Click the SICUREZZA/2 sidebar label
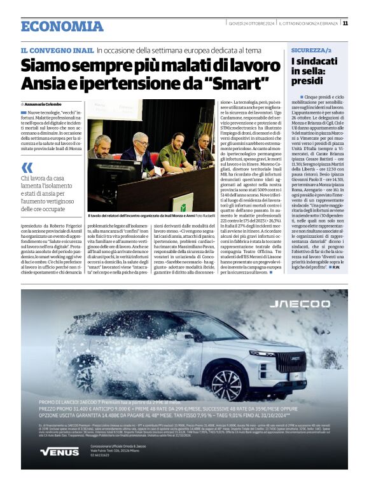pyautogui.click(x=310, y=50)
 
